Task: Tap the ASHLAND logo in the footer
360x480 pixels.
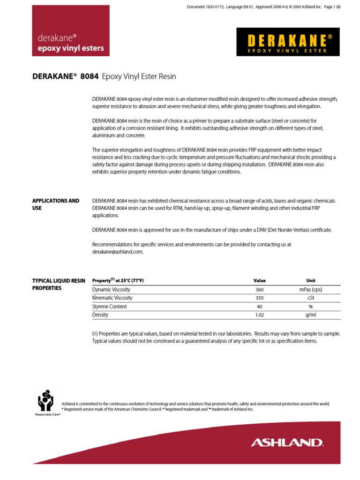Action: (287, 442)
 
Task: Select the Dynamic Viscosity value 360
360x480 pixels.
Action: (259, 289)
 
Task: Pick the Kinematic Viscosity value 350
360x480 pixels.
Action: (259, 298)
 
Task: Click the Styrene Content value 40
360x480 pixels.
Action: (259, 306)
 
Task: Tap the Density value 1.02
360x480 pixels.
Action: (259, 315)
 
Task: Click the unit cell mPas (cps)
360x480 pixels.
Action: (311, 289)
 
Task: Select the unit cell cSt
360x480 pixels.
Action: (311, 298)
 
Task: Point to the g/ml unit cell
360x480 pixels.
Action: (311, 315)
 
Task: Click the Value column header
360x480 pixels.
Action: (259, 280)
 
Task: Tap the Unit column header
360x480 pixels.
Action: (311, 280)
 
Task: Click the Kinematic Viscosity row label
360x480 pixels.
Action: (112, 298)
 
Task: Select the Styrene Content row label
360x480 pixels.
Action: (110, 306)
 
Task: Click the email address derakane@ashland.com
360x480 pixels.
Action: (118, 252)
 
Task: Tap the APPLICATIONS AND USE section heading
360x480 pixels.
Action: (55, 204)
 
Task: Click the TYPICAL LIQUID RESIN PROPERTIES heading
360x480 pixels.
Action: (59, 284)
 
